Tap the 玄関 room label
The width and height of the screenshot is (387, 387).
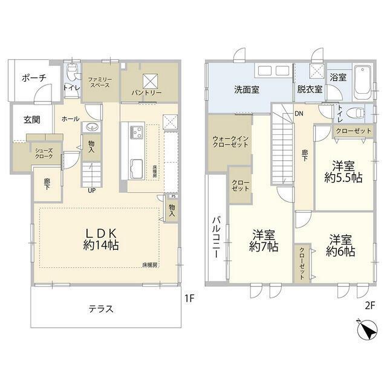[x=32, y=120]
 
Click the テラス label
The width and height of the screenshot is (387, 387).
[x=100, y=308]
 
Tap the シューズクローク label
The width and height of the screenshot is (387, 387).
[x=43, y=154]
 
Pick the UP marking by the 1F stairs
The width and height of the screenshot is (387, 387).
[x=92, y=190]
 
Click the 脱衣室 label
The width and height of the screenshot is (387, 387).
[x=310, y=90]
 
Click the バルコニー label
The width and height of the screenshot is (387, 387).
[x=216, y=236]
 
